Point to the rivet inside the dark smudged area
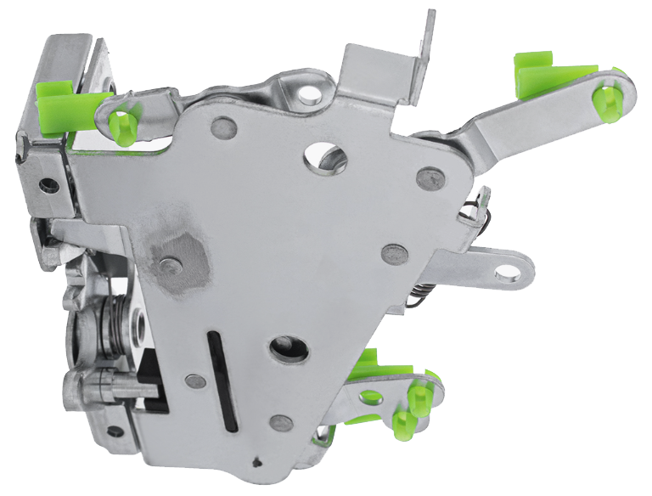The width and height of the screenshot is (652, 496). tap(171, 266)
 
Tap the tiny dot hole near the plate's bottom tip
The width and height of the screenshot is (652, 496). tap(256, 462)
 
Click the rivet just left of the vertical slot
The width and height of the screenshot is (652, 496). tap(194, 381)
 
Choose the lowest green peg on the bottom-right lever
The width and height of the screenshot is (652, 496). tap(404, 424)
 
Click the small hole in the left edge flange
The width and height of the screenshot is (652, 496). tap(49, 183)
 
